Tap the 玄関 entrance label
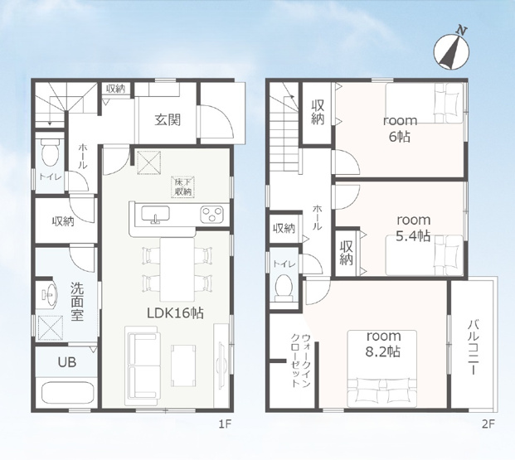(168, 120)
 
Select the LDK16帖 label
(175, 313)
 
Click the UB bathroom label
(67, 362)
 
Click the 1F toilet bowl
(50, 153)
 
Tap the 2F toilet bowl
(284, 288)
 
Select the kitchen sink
(155, 214)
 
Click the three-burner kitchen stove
(211, 215)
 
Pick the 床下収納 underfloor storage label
(183, 187)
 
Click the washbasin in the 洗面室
(50, 293)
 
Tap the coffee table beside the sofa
(183, 366)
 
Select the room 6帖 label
(400, 128)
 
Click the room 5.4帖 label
(413, 228)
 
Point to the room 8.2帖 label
(383, 344)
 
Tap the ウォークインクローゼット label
(301, 361)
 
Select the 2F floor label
(488, 424)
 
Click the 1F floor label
(226, 424)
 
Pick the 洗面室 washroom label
(77, 302)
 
